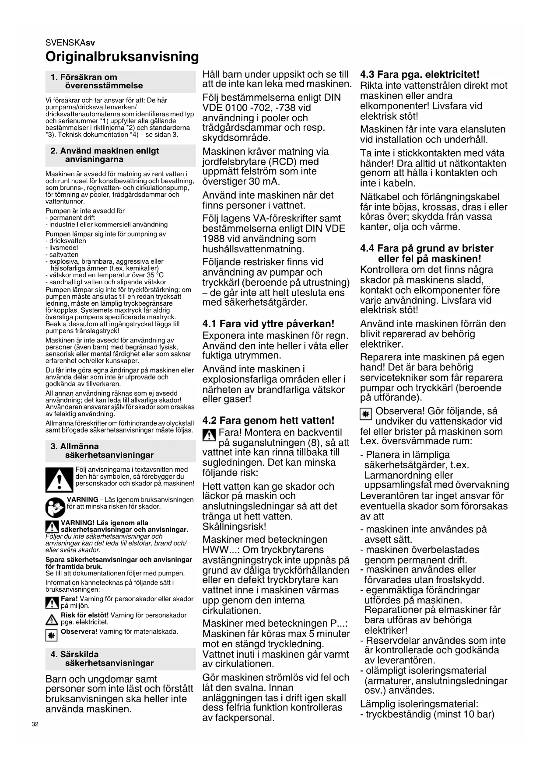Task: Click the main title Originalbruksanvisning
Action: pyautogui.click(x=122, y=57)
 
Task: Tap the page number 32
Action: pyautogui.click(x=35, y=724)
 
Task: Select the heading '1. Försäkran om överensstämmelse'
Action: pyautogui.click(x=97, y=81)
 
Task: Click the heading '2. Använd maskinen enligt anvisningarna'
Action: pyautogui.click(x=105, y=155)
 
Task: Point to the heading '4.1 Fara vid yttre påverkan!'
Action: pyautogui.click(x=268, y=324)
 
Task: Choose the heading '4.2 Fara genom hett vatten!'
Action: pyautogui.click(x=268, y=421)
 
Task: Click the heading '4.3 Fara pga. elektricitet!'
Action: pyautogui.click(x=420, y=74)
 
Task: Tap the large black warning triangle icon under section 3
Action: pyautogui.click(x=59, y=480)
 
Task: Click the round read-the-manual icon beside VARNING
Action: pyautogui.click(x=55, y=507)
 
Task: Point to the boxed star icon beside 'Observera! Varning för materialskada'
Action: pyautogui.click(x=52, y=635)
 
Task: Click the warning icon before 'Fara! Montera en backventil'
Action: pyautogui.click(x=210, y=435)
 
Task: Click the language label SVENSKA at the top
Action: pyautogui.click(x=65, y=43)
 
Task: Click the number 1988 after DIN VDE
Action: pyautogui.click(x=215, y=239)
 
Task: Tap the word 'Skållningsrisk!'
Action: pyautogui.click(x=234, y=526)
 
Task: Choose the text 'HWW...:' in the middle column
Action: pyautogui.click(x=220, y=550)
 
